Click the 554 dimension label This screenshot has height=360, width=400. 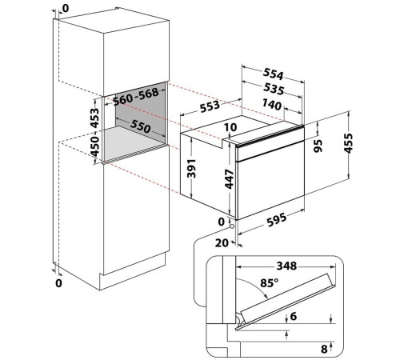pyautogui.click(x=273, y=74)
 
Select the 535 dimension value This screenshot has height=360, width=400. pyautogui.click(x=274, y=89)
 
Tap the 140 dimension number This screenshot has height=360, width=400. pyautogui.click(x=272, y=104)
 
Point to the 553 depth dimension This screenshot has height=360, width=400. pyautogui.click(x=210, y=106)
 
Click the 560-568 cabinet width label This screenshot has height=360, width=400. pyautogui.click(x=136, y=97)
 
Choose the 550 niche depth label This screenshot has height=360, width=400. pyautogui.click(x=141, y=126)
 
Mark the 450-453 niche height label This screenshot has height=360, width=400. pyautogui.click(x=94, y=132)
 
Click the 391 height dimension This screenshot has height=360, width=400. pyautogui.click(x=191, y=168)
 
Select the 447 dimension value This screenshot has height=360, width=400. pyautogui.click(x=229, y=179)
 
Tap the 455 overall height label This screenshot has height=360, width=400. pyautogui.click(x=348, y=143)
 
